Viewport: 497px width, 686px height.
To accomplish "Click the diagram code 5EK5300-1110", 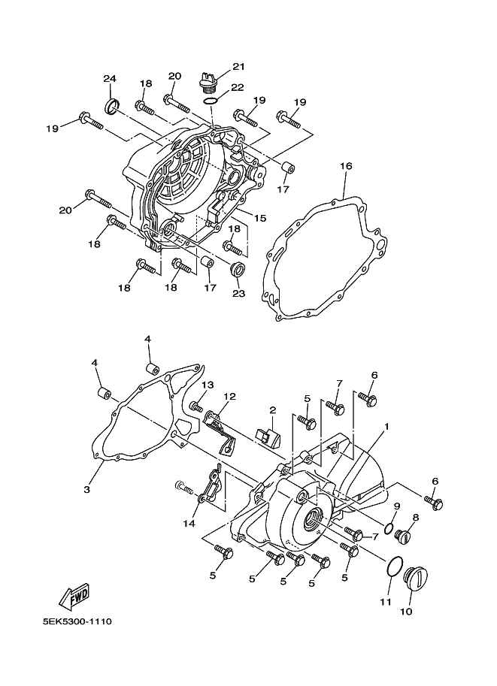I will tap(76, 622).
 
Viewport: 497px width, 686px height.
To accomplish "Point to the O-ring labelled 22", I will tap(211, 99).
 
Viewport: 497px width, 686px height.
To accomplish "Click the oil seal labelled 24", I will tap(111, 105).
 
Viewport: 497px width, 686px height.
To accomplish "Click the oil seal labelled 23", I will tap(236, 270).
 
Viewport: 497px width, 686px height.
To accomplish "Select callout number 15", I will tap(259, 219).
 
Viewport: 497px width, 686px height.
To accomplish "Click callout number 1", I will tap(386, 426).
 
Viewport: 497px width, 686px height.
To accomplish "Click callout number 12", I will tap(229, 396).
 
